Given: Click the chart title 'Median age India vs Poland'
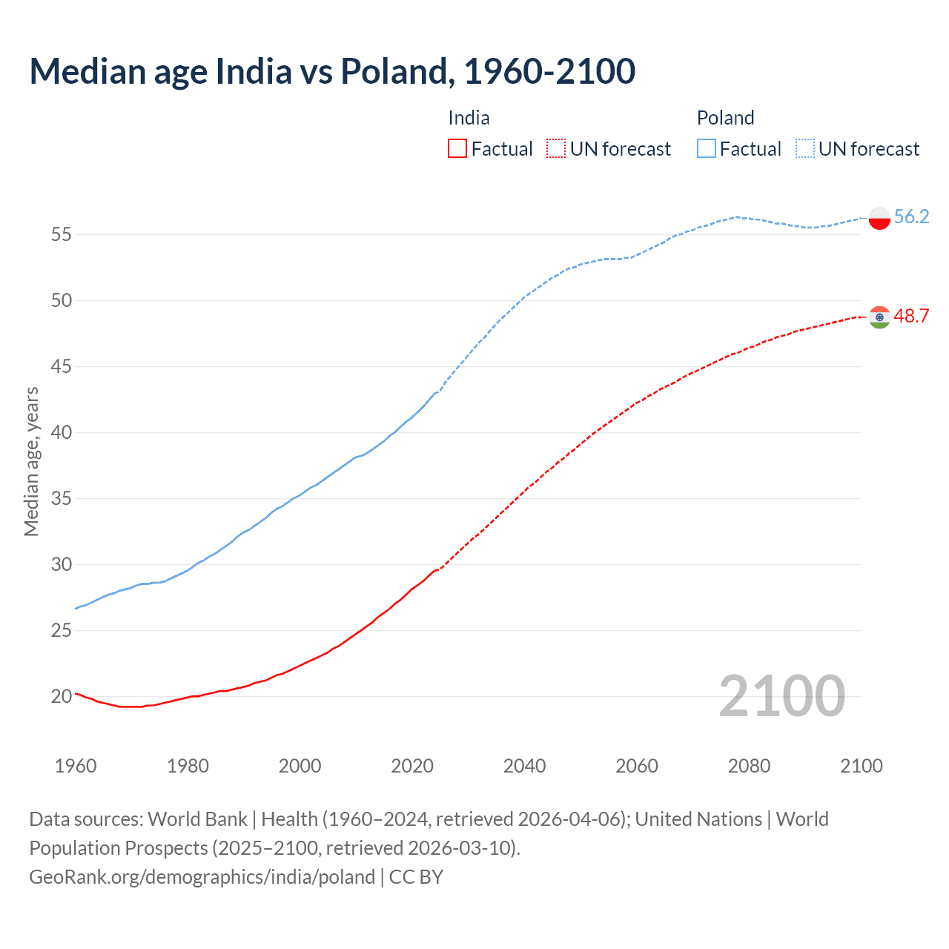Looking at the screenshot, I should point(332,71).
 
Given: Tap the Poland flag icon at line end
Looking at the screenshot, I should point(879,218).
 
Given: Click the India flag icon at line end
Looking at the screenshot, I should point(879,317).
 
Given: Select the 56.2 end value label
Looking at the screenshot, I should point(911,216).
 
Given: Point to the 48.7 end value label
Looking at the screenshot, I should point(911,316).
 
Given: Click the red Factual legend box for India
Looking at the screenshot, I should point(457,149).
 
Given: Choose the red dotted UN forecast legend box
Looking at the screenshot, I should point(556,149).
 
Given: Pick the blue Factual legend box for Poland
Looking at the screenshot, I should point(707,149).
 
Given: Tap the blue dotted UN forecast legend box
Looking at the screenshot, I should point(805,149).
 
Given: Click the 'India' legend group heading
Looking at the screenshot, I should point(469,118).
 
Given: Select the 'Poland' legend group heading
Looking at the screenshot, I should point(725,118).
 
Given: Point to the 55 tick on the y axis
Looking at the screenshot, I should point(61,235).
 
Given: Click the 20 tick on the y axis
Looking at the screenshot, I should point(61,696).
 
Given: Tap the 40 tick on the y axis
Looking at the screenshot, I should point(61,432).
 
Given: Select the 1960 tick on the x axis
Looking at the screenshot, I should point(76,766).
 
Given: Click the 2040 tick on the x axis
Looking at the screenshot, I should point(524,766).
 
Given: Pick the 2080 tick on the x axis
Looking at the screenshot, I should point(749,766).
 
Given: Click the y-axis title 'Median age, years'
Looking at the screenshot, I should point(31,461).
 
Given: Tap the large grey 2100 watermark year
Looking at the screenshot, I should point(781,695).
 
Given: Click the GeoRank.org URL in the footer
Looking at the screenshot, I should point(202,877).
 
